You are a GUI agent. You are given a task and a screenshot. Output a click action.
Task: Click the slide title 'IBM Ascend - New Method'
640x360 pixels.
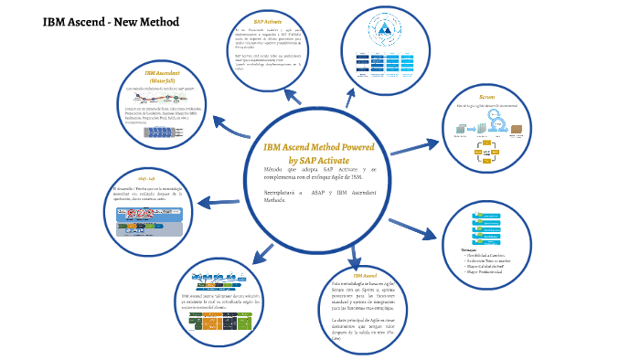pos(98,21)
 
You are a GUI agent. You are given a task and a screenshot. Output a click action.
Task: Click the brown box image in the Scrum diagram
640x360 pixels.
pos(518,130)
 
